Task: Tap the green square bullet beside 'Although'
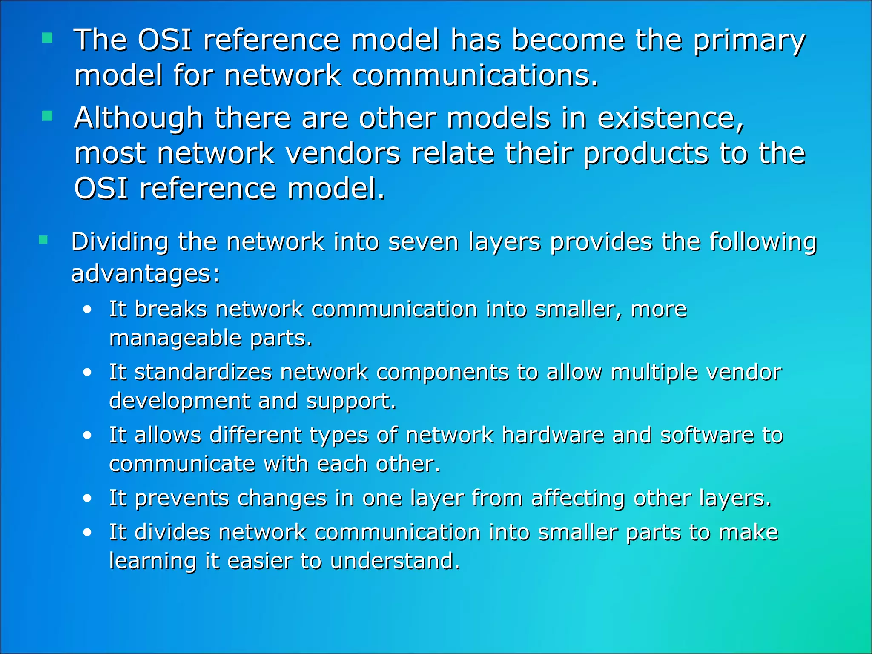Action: [47, 116]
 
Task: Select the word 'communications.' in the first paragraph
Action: [476, 76]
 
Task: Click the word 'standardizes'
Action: [203, 372]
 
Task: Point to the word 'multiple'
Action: [654, 373]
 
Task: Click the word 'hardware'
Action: [553, 435]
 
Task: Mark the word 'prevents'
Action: [182, 499]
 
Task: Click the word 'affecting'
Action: [578, 499]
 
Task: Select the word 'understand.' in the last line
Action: [395, 561]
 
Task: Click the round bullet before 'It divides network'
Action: [87, 533]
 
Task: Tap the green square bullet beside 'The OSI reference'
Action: [47, 39]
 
